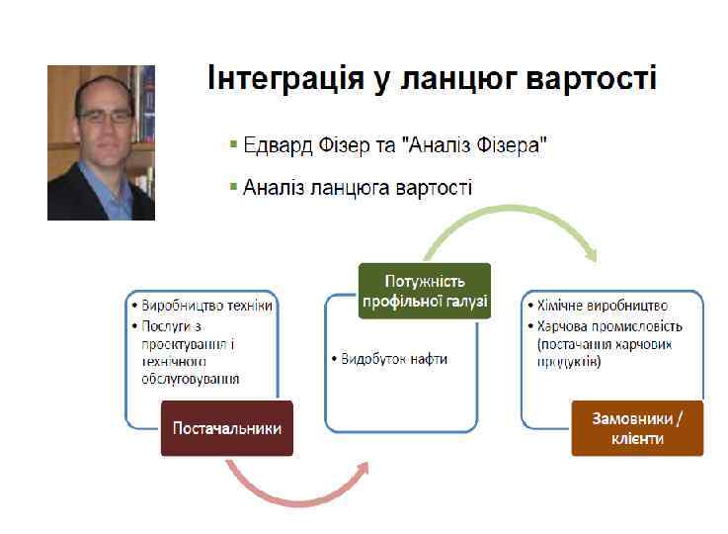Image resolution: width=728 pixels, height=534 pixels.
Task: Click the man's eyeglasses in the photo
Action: [x=106, y=116]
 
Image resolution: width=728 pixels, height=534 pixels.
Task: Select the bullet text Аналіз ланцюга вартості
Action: [x=357, y=187]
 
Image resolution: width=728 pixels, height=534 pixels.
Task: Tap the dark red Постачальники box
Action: [x=227, y=428]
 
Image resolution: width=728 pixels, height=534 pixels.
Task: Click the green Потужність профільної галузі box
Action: [x=424, y=291]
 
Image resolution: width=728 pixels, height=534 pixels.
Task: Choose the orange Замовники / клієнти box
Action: [x=637, y=428]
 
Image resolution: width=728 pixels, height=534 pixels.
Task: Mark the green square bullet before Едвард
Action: [x=233, y=145]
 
